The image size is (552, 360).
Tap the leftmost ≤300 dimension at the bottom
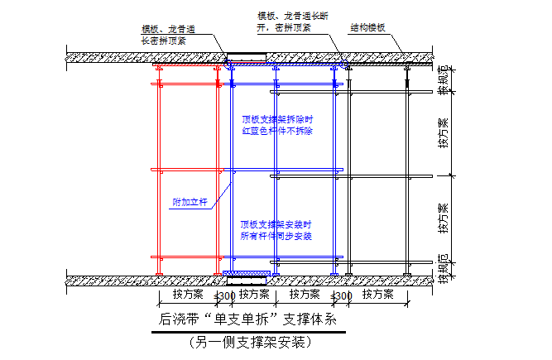coord(223,295)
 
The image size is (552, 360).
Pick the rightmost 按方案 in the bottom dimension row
coord(379,294)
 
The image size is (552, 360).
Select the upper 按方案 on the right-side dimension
coord(444,132)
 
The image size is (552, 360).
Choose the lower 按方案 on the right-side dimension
coord(444,218)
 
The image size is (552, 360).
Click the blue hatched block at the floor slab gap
coord(247,273)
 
